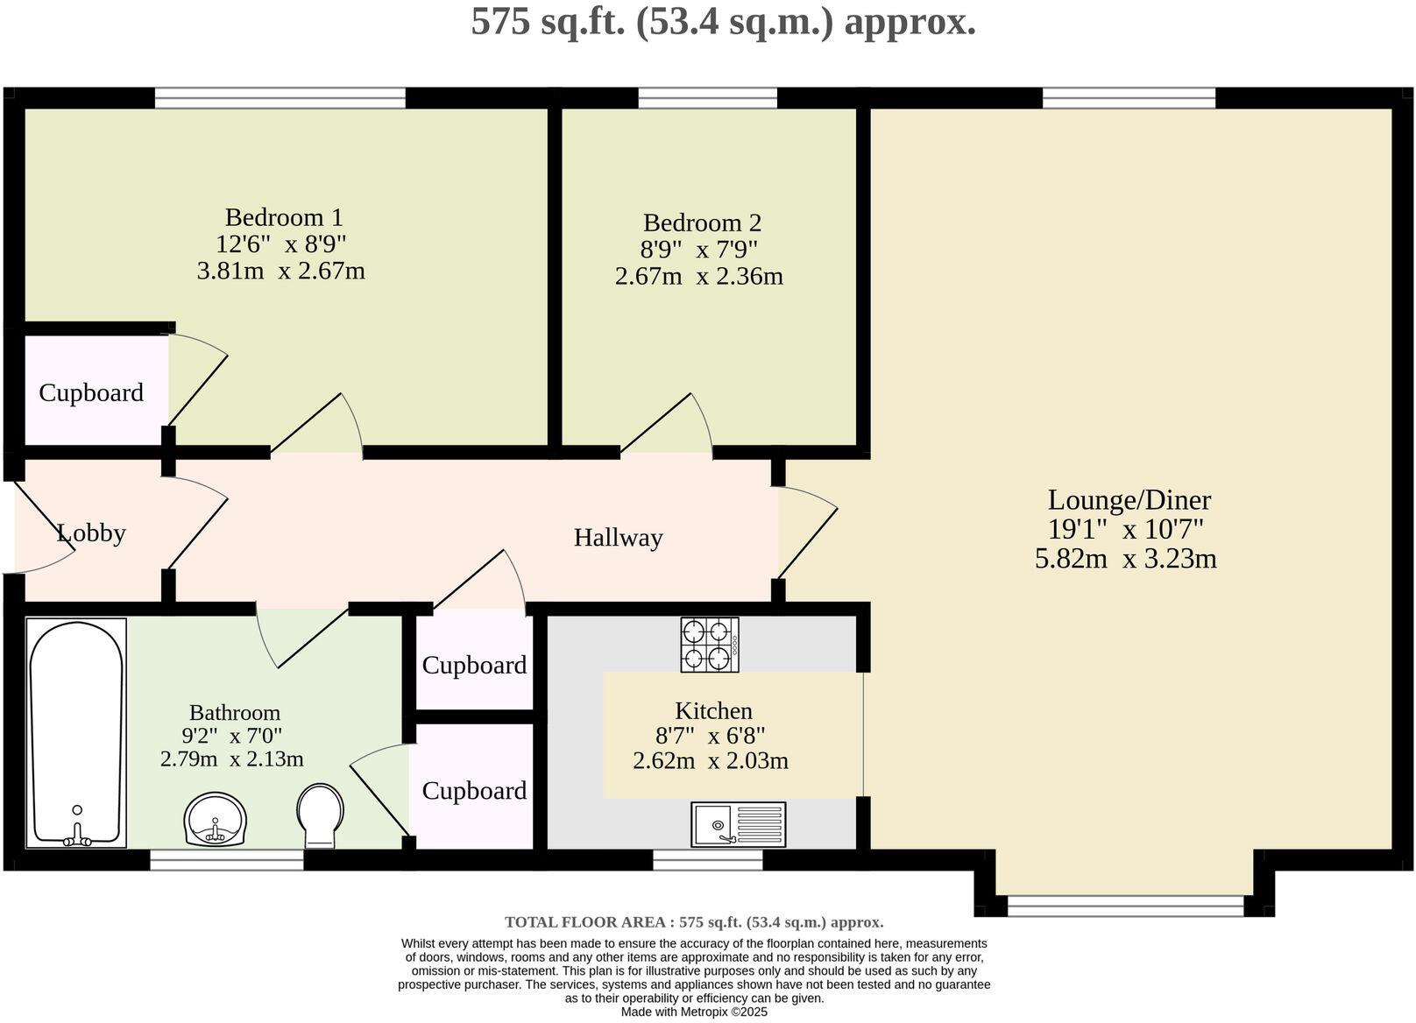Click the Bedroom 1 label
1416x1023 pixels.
coord(284,217)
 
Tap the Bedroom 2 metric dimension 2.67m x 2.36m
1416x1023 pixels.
coord(698,277)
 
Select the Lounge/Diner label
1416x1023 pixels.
coord(1129,500)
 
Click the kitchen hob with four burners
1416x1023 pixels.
coord(710,645)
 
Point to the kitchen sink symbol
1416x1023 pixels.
coord(738,824)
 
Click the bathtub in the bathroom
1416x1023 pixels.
coord(76,732)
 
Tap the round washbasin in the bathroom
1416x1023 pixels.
coord(216,820)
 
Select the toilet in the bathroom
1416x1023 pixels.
coord(320,815)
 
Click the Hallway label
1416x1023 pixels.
coord(618,538)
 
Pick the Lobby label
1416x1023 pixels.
coord(91,533)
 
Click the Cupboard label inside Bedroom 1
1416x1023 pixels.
coord(91,392)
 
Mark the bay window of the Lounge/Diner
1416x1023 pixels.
coord(1125,906)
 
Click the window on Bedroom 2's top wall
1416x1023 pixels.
coord(707,97)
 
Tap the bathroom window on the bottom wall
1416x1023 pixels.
coord(226,862)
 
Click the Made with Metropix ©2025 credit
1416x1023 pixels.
coord(694,1012)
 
